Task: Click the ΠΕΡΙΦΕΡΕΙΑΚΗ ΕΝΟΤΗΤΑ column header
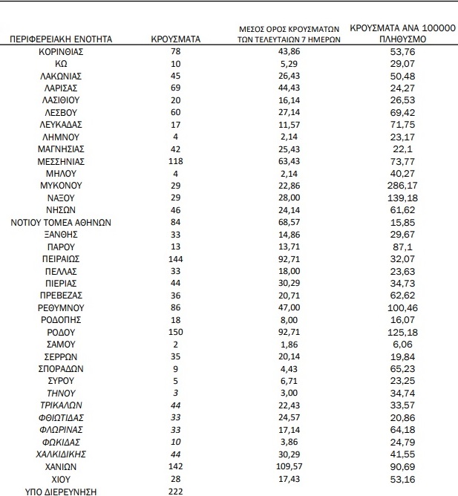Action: tap(62, 39)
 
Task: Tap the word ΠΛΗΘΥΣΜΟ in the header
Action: tap(402, 39)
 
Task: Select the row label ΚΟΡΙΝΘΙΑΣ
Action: tap(61, 52)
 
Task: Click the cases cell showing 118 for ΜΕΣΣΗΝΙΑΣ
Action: tap(176, 161)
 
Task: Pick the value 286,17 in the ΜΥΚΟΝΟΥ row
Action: tap(402, 186)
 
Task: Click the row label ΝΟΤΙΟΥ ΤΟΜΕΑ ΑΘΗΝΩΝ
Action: tap(61, 222)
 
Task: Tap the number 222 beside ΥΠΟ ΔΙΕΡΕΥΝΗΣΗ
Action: tap(176, 491)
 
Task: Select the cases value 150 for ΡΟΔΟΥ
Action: tap(176, 332)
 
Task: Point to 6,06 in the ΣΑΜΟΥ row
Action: tap(402, 345)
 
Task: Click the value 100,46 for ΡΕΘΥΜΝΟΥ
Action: tap(402, 307)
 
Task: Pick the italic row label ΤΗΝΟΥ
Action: tap(61, 394)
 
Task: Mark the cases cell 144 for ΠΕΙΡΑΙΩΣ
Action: tap(176, 259)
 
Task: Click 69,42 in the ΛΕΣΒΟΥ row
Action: tap(402, 113)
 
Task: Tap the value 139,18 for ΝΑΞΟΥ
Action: tap(402, 198)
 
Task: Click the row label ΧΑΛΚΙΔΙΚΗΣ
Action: tap(61, 454)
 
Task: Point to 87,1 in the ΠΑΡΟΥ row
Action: tap(402, 247)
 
